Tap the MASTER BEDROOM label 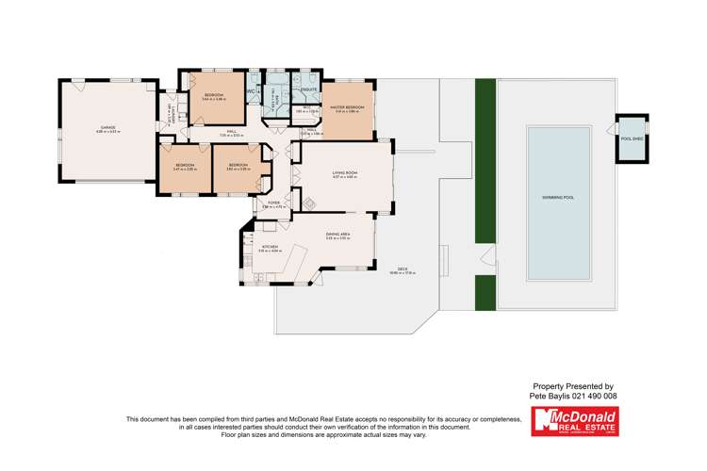tap(348, 108)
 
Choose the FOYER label tap(274, 203)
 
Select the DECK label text tap(402, 269)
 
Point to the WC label tap(252, 91)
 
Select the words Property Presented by tap(573, 386)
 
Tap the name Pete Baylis tap(550, 397)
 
